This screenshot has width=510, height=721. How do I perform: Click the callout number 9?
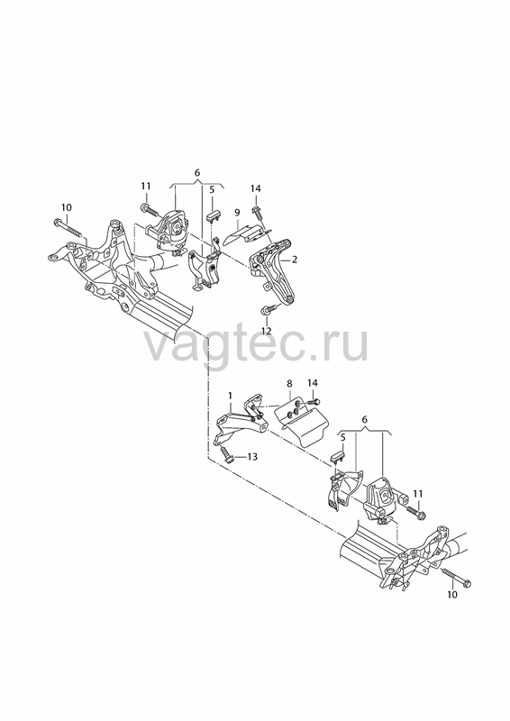(237, 213)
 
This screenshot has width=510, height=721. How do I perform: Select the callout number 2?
(295, 260)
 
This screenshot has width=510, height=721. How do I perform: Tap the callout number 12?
(267, 331)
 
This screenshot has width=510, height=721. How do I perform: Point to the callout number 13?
(252, 457)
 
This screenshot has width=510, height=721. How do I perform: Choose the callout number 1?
(230, 396)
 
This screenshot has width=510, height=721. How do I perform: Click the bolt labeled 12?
(269, 310)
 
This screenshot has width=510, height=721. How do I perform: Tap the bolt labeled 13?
(227, 454)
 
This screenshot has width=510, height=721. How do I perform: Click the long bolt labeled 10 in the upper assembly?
(70, 229)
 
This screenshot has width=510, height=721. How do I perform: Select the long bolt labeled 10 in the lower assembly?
(454, 578)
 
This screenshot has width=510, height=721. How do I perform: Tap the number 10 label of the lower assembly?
(452, 595)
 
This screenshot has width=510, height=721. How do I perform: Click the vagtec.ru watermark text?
(257, 342)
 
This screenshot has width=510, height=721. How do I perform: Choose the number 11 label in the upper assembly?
(146, 187)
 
